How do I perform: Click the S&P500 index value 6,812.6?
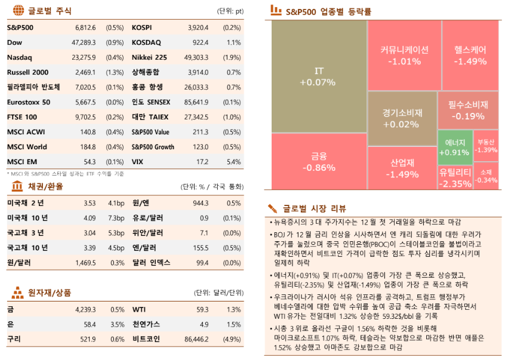[x=85, y=27]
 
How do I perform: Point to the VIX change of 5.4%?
[x=234, y=162]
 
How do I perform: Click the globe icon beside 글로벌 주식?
[x=18, y=10]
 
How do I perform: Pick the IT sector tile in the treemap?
[x=318, y=76]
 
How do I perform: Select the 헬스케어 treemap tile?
[x=470, y=55]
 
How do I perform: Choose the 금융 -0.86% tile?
[x=319, y=162]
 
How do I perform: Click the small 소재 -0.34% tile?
[x=486, y=176]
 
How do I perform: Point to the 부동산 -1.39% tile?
[x=486, y=146]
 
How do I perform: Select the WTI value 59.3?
[x=202, y=309]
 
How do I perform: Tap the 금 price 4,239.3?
[x=85, y=309]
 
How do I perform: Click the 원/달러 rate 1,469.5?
[x=85, y=262]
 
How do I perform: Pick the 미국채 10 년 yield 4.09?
[x=90, y=218]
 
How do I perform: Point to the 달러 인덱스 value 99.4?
[x=202, y=262]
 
